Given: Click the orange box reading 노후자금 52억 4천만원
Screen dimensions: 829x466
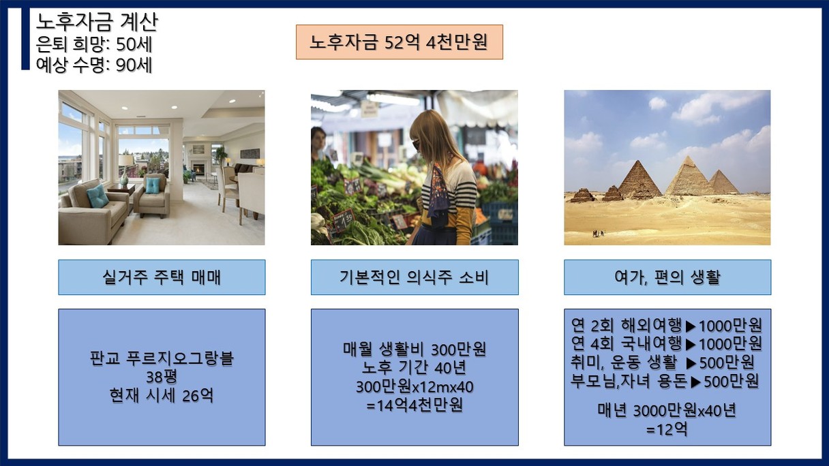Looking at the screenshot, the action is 400,42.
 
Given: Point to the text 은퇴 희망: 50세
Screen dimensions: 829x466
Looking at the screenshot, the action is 94,44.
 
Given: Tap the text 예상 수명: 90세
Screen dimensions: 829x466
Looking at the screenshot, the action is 94,65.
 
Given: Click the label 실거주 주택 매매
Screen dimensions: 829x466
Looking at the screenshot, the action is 162,277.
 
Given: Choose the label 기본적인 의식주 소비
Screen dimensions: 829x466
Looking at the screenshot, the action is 414,277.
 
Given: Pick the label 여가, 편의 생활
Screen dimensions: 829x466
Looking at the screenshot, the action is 667,277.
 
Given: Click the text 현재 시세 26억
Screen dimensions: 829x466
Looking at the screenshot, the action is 162,395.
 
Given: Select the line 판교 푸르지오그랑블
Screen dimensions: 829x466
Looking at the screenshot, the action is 162,358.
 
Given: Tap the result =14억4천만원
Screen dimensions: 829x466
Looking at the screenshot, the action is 414,405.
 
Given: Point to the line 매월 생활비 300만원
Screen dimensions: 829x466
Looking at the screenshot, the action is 414,349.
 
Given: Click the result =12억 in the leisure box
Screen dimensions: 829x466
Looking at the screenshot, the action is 667,429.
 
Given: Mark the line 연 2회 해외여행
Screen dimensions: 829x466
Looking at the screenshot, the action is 626,325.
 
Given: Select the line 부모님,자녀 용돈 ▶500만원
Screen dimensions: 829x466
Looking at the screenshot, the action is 665,381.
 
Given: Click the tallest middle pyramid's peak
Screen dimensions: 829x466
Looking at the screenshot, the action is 688,156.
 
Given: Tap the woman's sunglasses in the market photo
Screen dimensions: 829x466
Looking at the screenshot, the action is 416,144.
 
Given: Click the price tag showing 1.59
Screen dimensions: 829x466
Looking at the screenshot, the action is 344,221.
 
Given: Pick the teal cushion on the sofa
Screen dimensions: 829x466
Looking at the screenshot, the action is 97,196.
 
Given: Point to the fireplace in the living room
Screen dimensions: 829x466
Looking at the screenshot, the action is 199,169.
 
